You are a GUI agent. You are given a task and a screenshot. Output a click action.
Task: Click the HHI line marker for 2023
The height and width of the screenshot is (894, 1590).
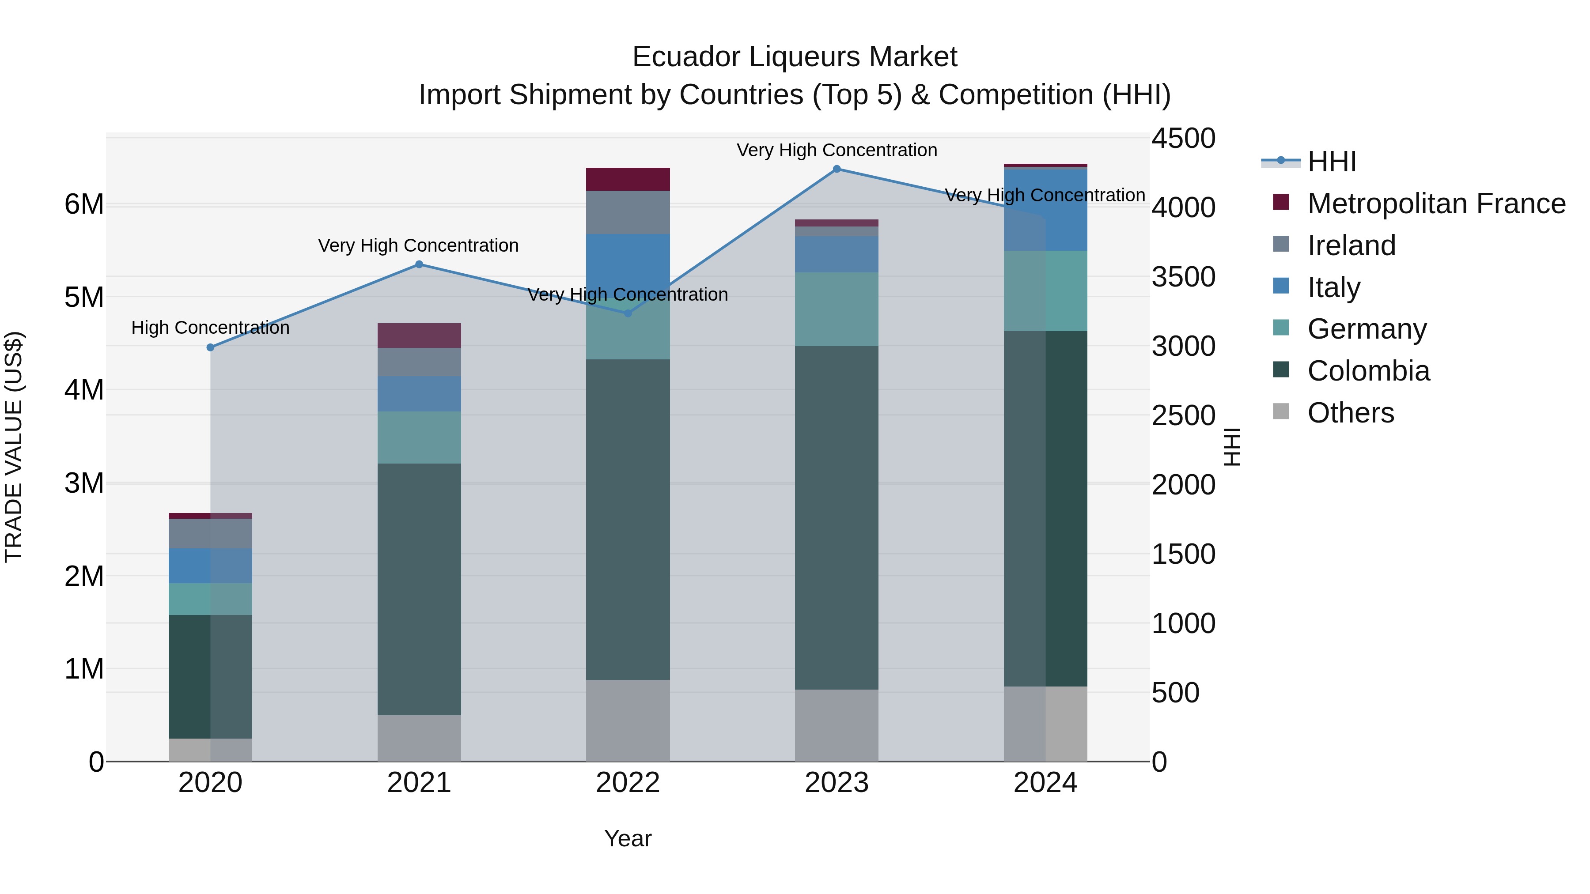[x=837, y=169]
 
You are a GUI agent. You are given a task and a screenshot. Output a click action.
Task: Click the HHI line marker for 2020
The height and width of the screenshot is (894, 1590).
[x=211, y=347]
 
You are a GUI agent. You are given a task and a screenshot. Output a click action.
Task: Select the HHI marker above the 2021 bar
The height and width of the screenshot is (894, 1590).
[x=419, y=265]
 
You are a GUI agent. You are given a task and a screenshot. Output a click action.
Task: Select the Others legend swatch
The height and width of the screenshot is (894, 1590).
[x=1281, y=411]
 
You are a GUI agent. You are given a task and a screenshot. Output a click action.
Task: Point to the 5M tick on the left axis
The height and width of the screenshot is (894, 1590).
[x=84, y=298]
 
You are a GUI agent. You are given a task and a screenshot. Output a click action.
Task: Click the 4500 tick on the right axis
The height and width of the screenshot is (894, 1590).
[x=1183, y=138]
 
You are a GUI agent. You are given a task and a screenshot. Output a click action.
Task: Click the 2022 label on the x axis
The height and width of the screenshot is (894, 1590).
[x=628, y=783]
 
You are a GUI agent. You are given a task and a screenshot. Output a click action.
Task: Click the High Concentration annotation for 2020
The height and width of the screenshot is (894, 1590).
[x=211, y=328]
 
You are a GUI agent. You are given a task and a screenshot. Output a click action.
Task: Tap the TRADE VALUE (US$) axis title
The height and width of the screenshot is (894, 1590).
[x=14, y=447]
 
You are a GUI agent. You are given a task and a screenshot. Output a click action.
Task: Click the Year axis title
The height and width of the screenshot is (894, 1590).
[x=628, y=838]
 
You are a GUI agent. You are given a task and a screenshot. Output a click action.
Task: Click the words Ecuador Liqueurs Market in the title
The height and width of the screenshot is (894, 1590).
[x=795, y=57]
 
